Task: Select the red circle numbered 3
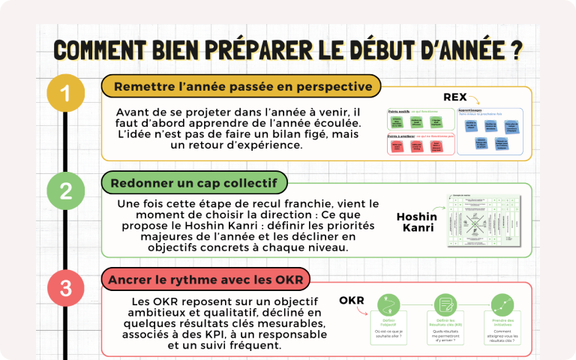click(66, 287)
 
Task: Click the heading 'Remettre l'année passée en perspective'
click(243, 86)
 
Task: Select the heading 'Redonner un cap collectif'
click(193, 183)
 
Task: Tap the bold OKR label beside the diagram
click(351, 301)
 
